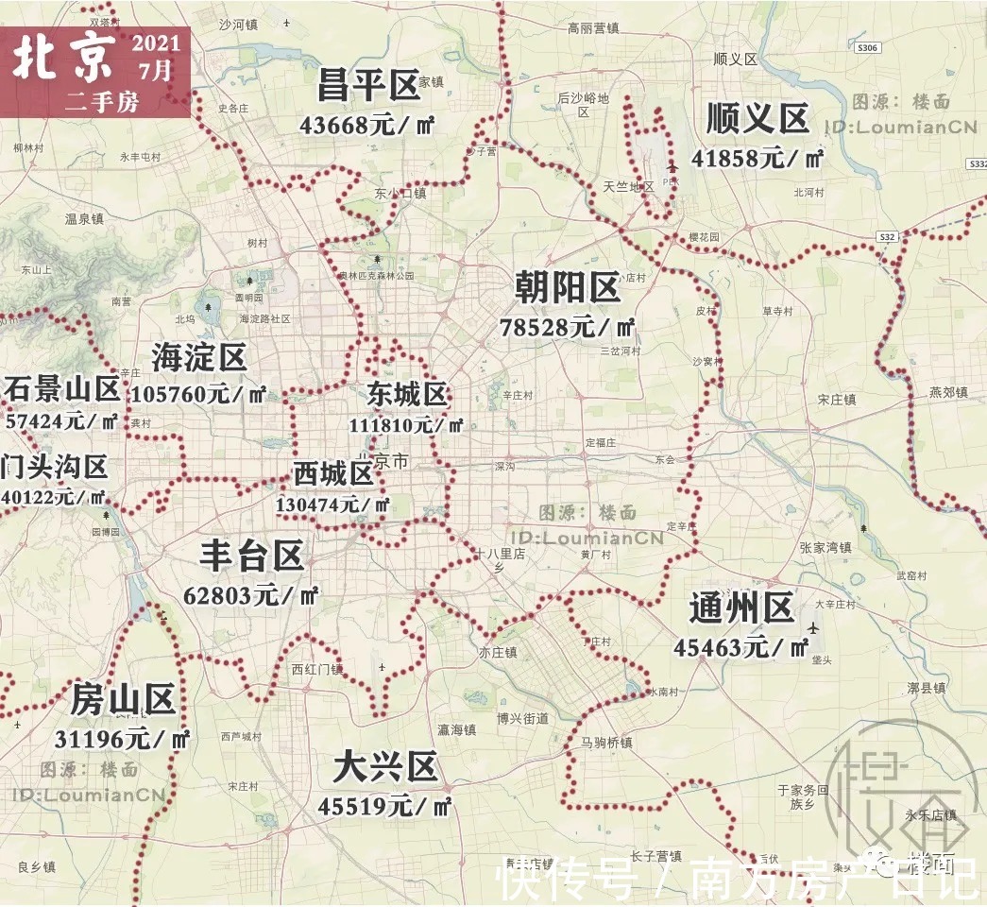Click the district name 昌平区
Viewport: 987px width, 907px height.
tap(368, 86)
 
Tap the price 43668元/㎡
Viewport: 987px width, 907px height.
tap(366, 124)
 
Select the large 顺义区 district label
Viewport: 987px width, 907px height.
tap(757, 120)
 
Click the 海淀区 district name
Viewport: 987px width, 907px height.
tap(199, 357)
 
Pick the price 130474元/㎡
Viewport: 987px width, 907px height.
tap(332, 505)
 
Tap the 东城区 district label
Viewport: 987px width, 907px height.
tap(408, 394)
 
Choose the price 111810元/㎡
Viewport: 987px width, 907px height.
tap(406, 425)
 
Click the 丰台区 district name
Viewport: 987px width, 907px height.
tap(251, 556)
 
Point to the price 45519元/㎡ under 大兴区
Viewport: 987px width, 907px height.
tap(384, 807)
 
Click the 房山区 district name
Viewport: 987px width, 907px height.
tap(124, 701)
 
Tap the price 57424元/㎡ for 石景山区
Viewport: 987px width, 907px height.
tap(62, 420)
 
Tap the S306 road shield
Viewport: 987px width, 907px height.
tap(869, 47)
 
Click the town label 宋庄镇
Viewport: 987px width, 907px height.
tap(836, 400)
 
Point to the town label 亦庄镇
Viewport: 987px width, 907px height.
tap(497, 652)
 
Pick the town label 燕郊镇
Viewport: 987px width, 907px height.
tap(948, 392)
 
